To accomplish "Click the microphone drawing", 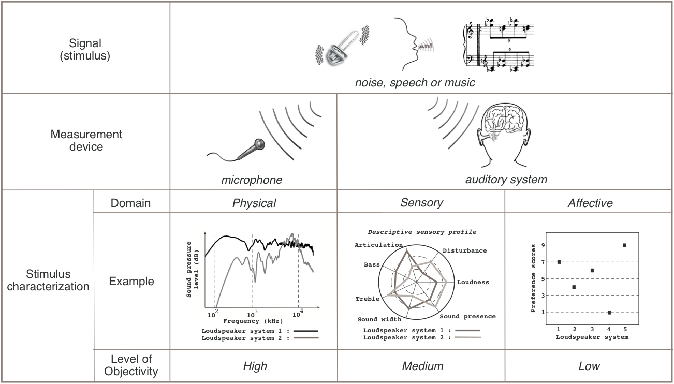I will click(250, 150).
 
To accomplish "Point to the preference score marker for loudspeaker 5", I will click(625, 245).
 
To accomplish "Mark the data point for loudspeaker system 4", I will click(609, 312).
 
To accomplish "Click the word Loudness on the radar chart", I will click(473, 283).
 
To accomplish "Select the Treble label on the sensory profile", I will click(367, 299).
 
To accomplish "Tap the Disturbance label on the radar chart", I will click(464, 250).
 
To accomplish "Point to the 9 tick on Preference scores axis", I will click(543, 245).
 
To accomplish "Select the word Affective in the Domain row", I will click(590, 203).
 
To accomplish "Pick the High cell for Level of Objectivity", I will click(255, 366).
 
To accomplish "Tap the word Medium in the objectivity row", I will click(422, 366).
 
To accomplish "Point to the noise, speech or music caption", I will click(415, 82).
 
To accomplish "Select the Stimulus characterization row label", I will click(48, 280).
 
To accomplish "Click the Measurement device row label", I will click(86, 141).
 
